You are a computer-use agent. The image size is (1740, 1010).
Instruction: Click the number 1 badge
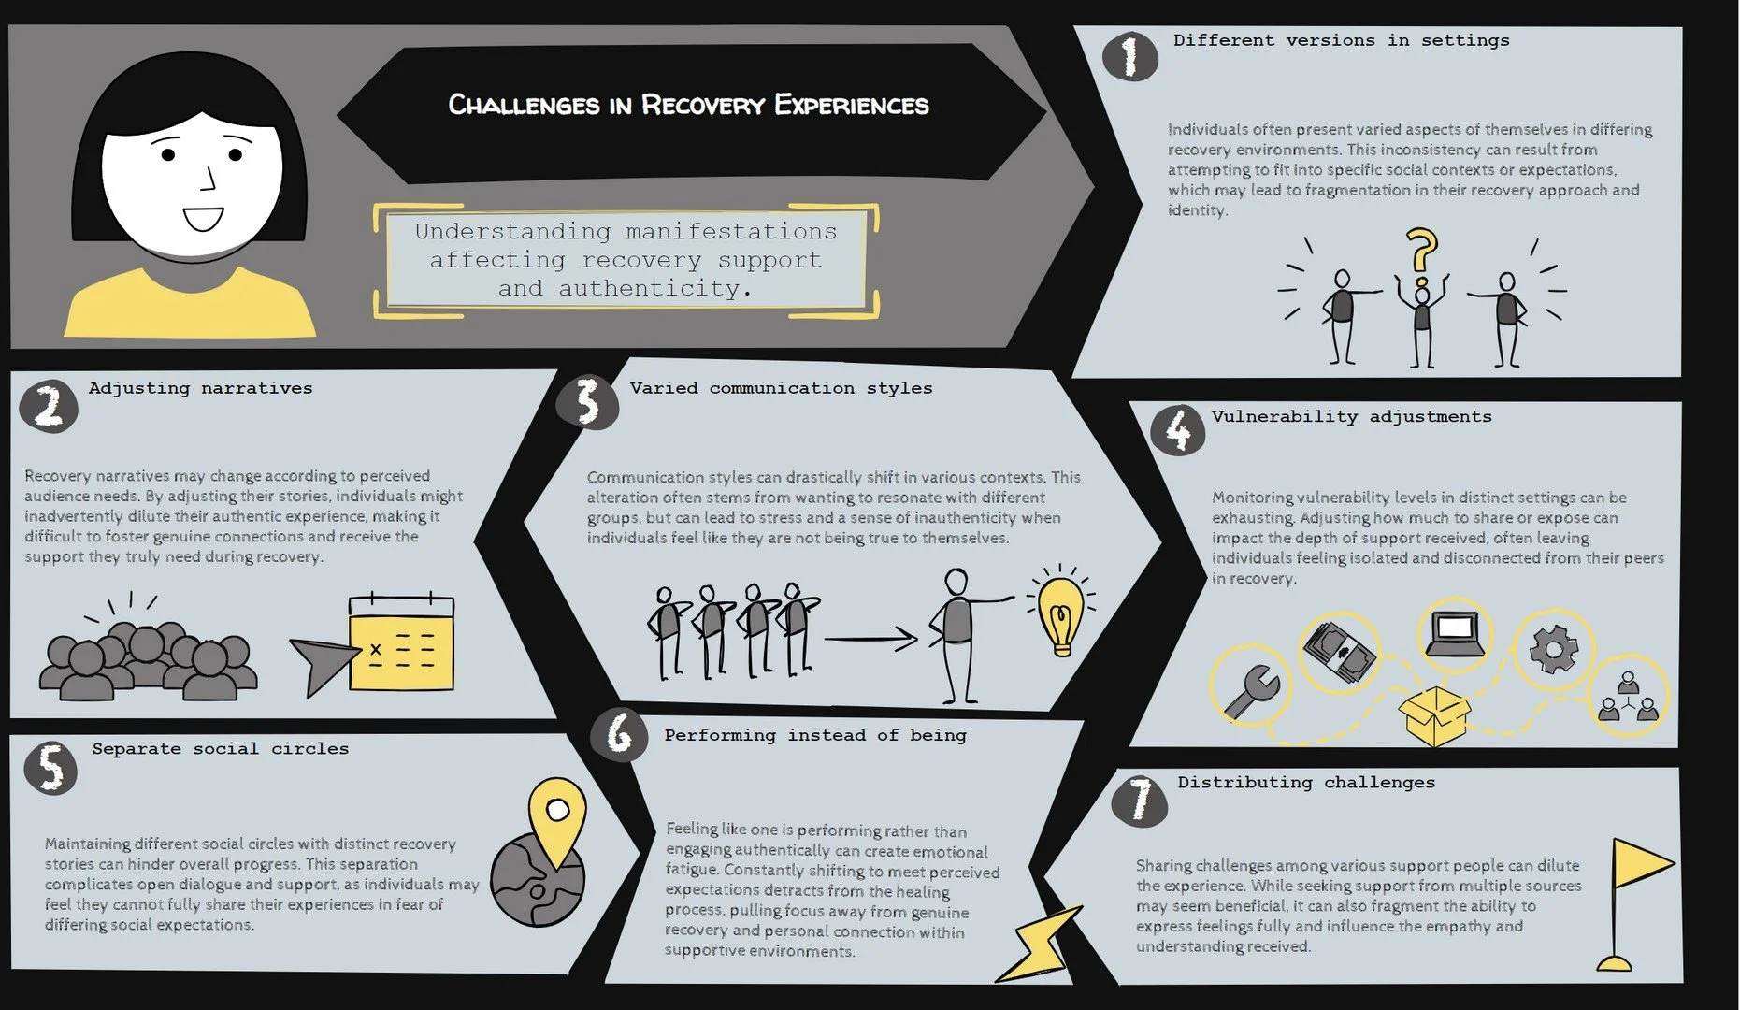click(1129, 56)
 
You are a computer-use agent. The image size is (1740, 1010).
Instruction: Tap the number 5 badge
click(50, 767)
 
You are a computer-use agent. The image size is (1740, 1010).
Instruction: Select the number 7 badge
click(1140, 801)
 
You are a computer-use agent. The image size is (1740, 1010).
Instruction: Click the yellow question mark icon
click(1422, 254)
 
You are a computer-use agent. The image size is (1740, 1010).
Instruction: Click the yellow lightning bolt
click(1040, 945)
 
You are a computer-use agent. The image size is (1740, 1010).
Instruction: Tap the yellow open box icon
click(1434, 715)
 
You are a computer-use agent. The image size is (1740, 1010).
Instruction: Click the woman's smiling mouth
click(203, 220)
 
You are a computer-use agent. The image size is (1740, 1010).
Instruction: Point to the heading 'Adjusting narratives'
click(200, 388)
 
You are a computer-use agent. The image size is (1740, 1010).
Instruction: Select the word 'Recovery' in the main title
click(702, 105)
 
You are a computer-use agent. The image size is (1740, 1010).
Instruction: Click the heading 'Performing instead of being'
click(814, 736)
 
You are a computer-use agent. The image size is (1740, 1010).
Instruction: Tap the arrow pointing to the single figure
click(870, 640)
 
